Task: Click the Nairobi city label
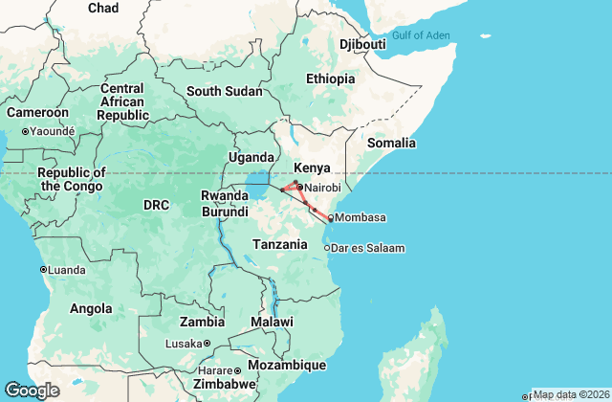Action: pos(322,188)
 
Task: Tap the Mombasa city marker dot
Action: pos(331,218)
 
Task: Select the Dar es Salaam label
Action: pos(369,248)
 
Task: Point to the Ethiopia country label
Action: pos(330,78)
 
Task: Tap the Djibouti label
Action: pos(362,45)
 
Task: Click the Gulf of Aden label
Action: pos(420,35)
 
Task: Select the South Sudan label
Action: pos(224,91)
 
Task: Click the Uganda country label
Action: pos(251,157)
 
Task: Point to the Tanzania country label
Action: pos(280,244)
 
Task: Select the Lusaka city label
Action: pos(184,344)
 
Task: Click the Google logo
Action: pos(33,390)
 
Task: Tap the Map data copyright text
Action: pos(570,394)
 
